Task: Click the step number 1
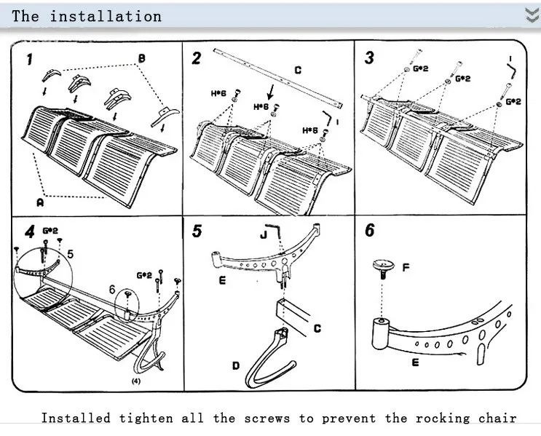point(30,59)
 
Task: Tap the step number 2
point(197,58)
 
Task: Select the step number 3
point(369,58)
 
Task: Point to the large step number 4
point(30,231)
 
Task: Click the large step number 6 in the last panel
point(369,230)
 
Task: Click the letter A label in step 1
point(40,202)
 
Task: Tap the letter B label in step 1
point(141,59)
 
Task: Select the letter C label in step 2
point(298,71)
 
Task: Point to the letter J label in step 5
point(264,235)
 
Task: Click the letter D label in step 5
point(236,365)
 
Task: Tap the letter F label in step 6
point(406,267)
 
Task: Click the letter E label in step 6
point(416,362)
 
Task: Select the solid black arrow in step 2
point(271,92)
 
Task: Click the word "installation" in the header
point(106,16)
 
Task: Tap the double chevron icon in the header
point(532,15)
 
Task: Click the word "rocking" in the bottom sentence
point(443,418)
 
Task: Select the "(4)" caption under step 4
point(136,381)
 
